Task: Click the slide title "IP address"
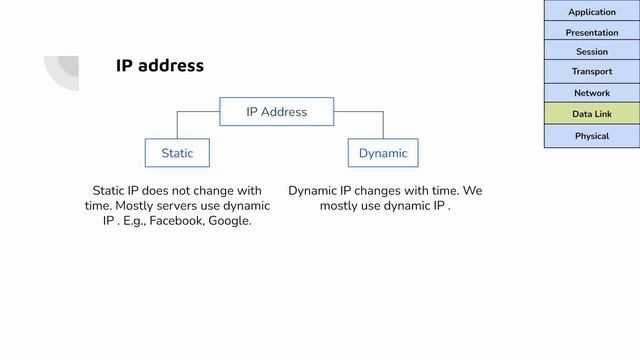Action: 160,66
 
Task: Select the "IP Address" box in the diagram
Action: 277,112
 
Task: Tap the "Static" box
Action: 177,153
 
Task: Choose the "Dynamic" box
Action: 383,153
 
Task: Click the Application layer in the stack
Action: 592,12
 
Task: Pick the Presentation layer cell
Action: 592,32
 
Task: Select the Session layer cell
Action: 592,52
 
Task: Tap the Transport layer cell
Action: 592,72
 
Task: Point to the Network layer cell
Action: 592,93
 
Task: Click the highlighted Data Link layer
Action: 592,114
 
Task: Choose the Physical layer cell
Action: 592,136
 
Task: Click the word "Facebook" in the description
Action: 176,221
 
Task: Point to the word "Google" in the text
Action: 229,221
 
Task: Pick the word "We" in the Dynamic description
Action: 472,191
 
